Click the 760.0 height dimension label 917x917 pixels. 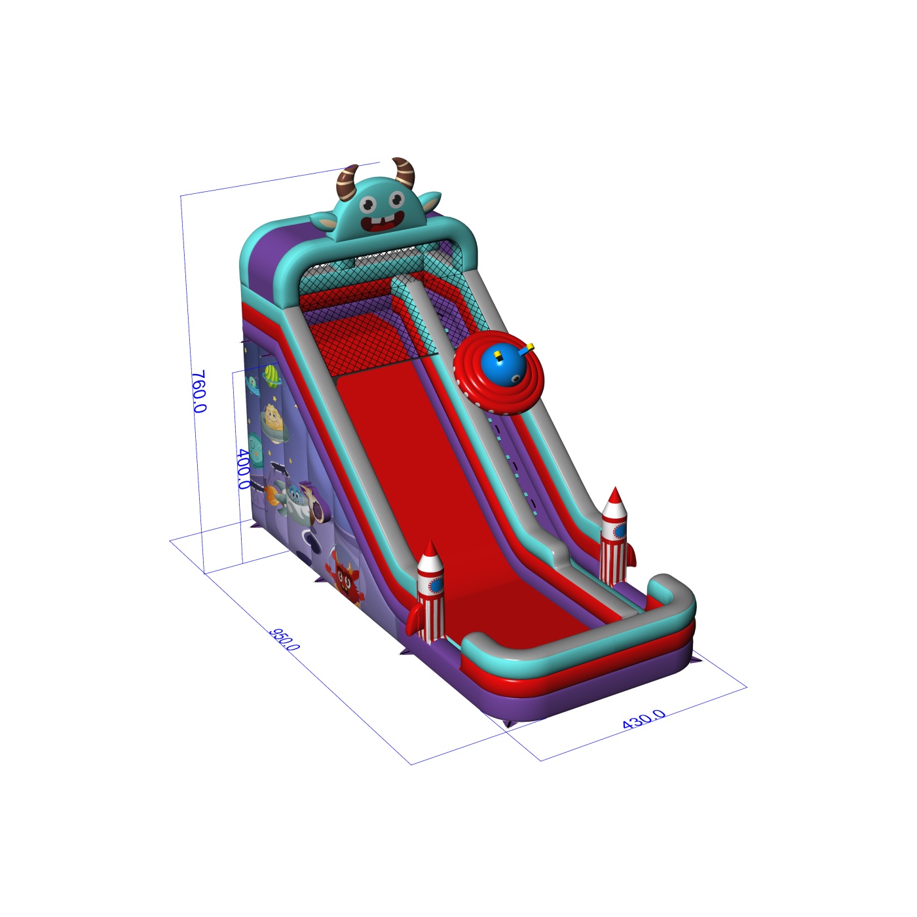[198, 391]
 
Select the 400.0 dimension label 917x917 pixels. [242, 469]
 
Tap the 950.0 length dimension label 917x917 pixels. [284, 639]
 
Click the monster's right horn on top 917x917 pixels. [405, 172]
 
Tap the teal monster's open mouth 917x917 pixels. [383, 222]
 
